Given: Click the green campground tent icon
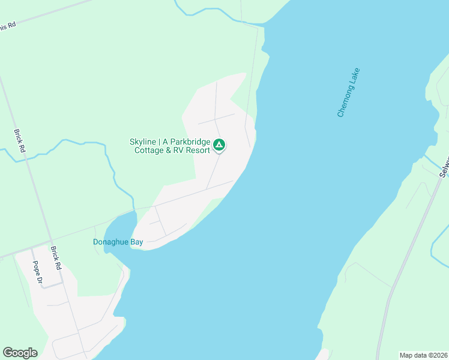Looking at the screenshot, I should pyautogui.click(x=220, y=145).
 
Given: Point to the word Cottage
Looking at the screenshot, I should pyautogui.click(x=148, y=151).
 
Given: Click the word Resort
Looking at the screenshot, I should pyautogui.click(x=197, y=151).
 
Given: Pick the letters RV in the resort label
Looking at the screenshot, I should pyautogui.click(x=178, y=151).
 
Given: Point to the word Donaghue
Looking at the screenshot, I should pyautogui.click(x=112, y=242).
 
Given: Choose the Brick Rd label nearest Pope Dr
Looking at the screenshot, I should pyautogui.click(x=56, y=257).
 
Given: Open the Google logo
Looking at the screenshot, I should pyautogui.click(x=20, y=353).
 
